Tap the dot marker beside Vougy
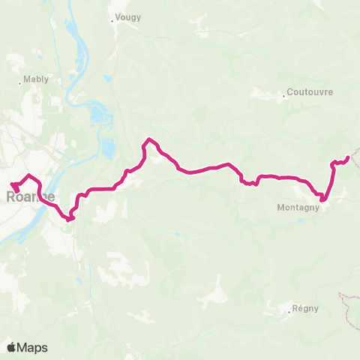(x=112, y=21)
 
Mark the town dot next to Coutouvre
(x=285, y=96)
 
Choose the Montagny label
(x=298, y=208)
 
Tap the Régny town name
(x=306, y=308)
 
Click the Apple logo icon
(x=12, y=347)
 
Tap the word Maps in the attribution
(x=32, y=347)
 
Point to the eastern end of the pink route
(x=347, y=157)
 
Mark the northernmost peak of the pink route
(x=150, y=139)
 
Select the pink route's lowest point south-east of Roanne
(x=68, y=220)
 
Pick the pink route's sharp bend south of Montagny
(x=322, y=200)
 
